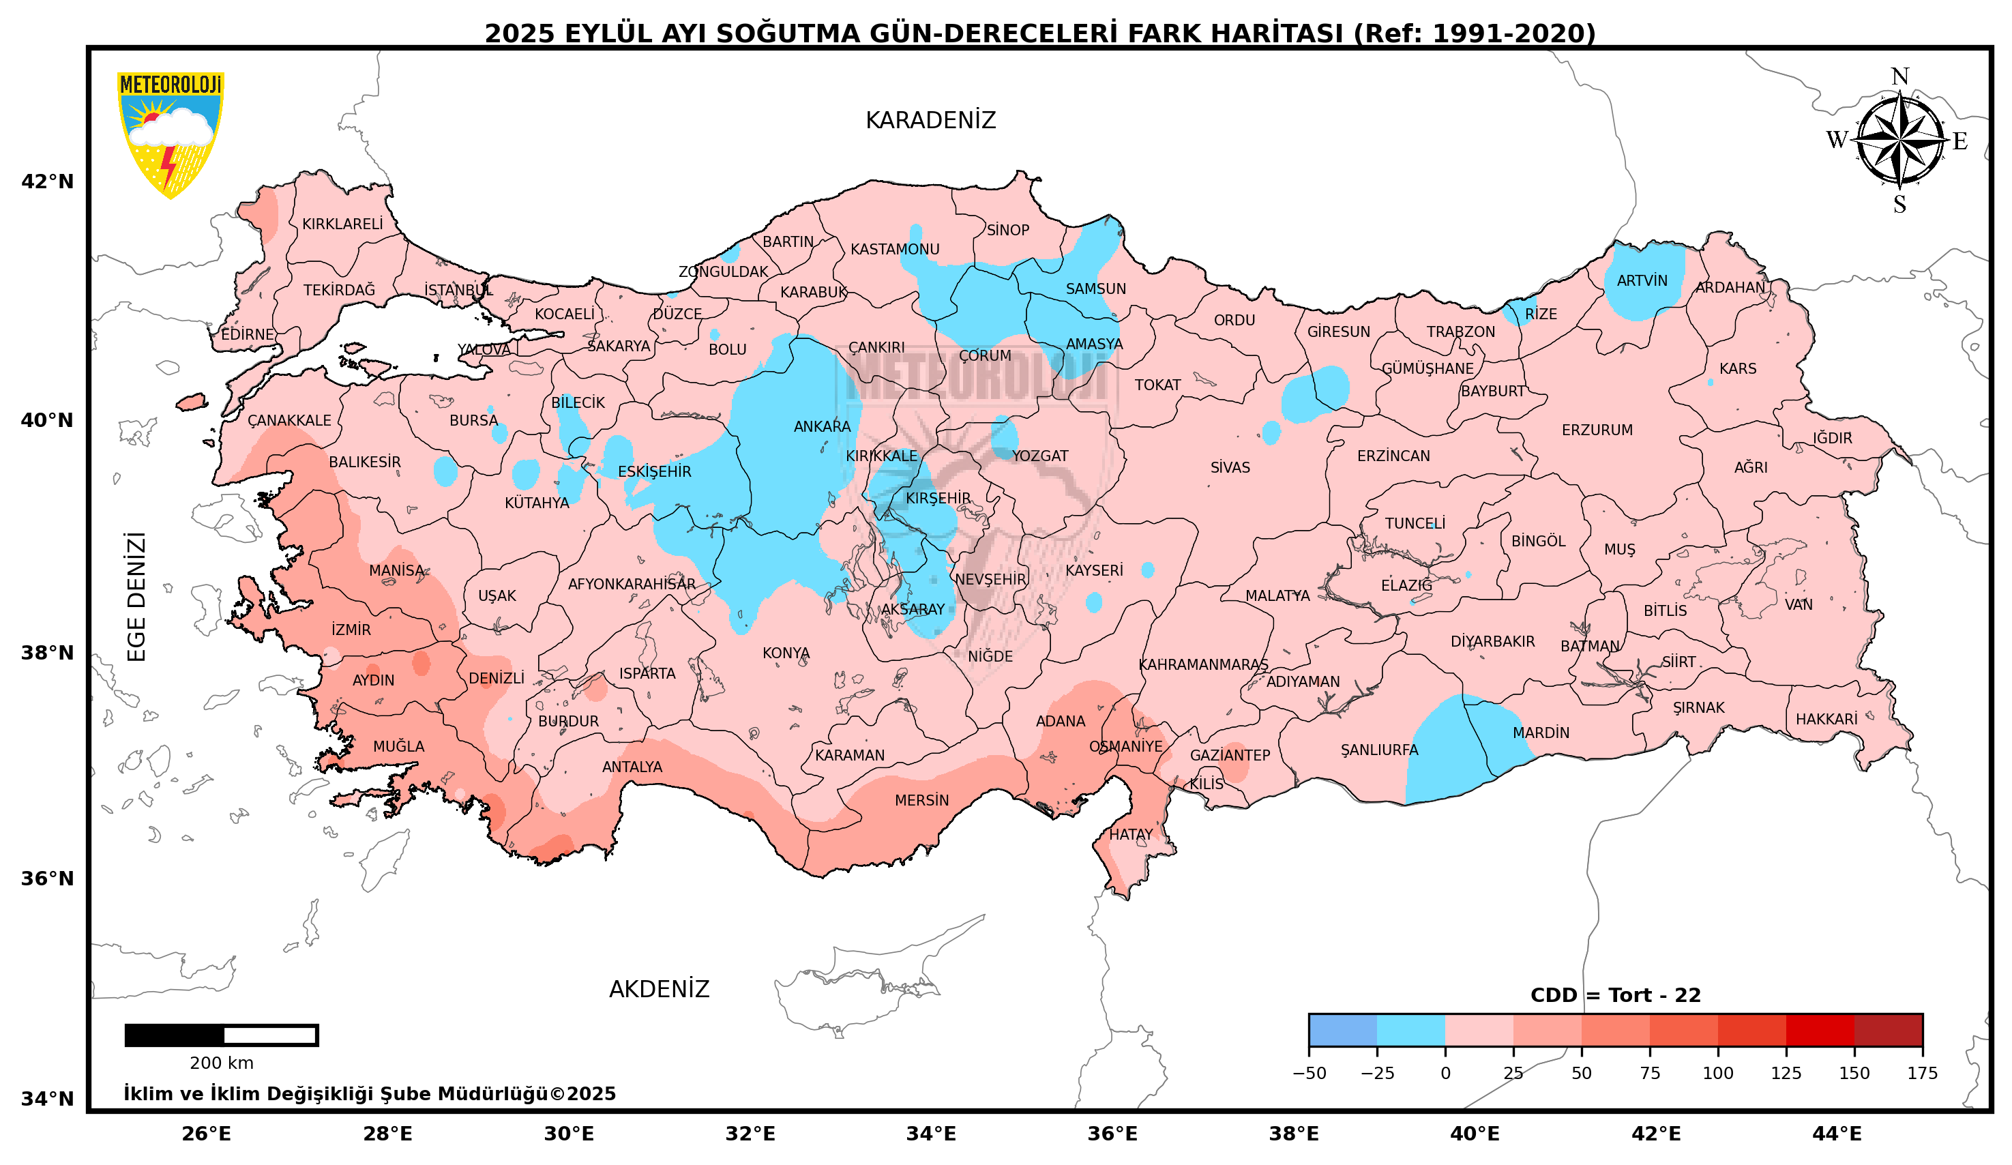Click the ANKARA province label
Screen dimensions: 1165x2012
822,426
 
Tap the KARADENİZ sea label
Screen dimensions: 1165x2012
930,120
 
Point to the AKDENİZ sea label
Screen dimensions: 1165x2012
659,989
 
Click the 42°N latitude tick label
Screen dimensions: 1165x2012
47,182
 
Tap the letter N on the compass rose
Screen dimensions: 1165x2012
1899,78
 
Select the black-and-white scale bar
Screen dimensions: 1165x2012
221,1035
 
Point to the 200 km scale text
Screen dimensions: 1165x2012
221,1063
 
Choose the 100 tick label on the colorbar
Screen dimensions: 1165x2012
1717,1073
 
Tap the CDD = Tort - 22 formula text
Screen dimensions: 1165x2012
1615,996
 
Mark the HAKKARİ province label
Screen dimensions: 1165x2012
1826,720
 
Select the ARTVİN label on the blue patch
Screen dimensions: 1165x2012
1642,281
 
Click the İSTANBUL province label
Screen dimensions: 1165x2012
458,290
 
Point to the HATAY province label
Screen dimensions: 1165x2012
1131,834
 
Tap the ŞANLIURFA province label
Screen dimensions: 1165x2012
1379,750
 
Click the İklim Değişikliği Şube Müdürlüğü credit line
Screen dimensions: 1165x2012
369,1094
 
